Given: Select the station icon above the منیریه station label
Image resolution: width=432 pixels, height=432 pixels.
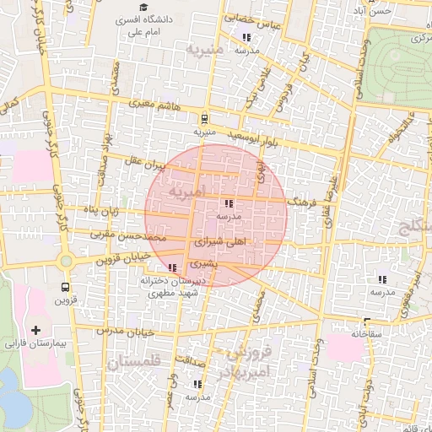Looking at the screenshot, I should point(205,119).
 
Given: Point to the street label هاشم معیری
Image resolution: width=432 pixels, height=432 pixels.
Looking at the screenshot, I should point(152,104).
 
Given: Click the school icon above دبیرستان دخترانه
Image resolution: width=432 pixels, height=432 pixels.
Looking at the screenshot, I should point(173,267).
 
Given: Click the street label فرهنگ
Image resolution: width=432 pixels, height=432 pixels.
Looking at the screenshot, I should point(302,203).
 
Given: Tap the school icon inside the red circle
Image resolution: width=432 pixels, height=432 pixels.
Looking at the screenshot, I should point(228,203).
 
